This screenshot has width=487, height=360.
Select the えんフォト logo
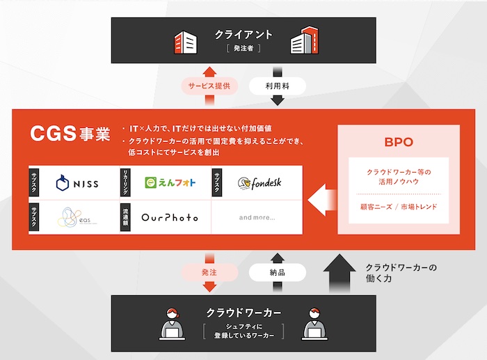point(170,183)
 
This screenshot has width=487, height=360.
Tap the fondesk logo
point(259,183)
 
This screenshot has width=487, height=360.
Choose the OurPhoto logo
point(170,217)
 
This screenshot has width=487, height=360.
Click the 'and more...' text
point(257,217)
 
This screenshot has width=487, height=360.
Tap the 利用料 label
point(277,86)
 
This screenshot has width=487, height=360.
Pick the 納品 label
point(277,272)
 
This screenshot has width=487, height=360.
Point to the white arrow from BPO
point(321,199)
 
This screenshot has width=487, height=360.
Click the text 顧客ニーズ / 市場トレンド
point(399,206)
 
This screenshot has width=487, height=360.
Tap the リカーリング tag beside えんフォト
point(126,182)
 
